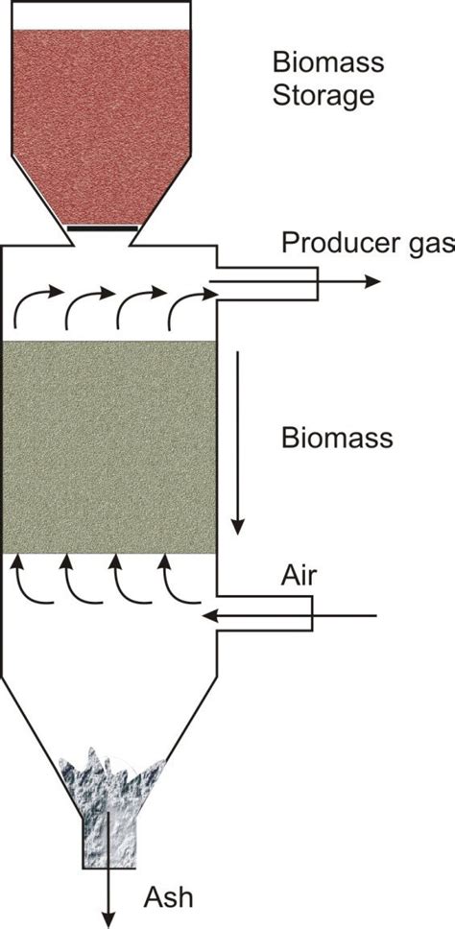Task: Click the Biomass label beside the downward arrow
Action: pos(337,438)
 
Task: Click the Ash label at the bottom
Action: pos(168,898)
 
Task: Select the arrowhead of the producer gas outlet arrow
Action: pos(372,281)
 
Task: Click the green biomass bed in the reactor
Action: pos(108,446)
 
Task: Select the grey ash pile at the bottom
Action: pos(110,777)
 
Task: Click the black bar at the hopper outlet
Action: pos(101,229)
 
